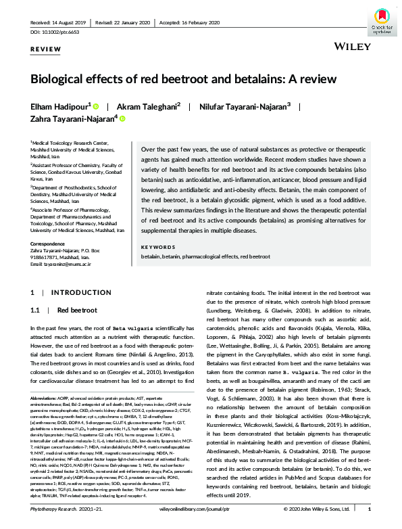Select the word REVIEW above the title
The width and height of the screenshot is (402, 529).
point(44,50)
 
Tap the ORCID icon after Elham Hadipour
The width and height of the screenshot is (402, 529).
point(97,106)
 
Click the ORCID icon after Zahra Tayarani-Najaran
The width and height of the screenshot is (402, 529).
point(123,118)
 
